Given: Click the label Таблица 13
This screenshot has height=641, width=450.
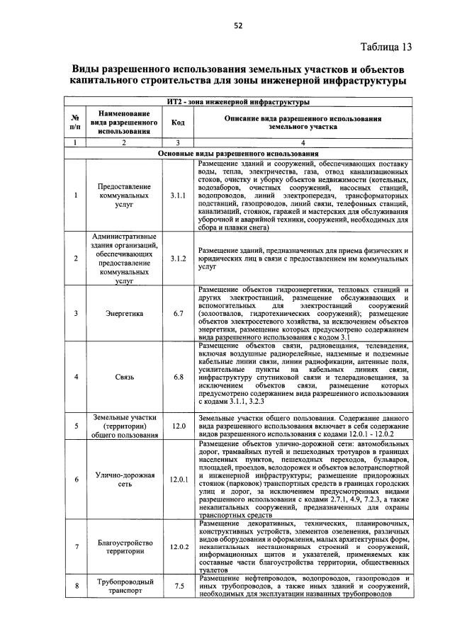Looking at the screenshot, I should (386, 47).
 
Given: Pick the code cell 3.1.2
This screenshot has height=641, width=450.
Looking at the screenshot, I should (178, 259).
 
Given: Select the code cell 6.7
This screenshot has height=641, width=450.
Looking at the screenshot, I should (178, 312).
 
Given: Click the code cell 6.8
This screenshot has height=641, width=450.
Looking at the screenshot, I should (178, 376).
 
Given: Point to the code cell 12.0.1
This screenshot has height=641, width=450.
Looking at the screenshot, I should (178, 480).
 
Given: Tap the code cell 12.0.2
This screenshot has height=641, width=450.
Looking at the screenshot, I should (178, 547).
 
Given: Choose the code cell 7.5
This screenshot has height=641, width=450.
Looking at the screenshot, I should (178, 586).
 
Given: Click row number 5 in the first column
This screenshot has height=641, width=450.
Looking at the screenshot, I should (75, 426).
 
